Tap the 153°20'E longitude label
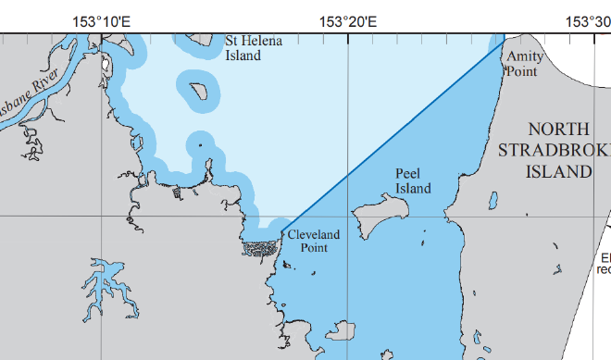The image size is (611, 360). (x=347, y=20)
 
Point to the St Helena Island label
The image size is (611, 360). (x=249, y=47)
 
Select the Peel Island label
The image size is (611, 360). (x=413, y=180)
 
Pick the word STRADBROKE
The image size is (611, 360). (x=552, y=151)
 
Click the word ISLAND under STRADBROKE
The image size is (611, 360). (x=558, y=171)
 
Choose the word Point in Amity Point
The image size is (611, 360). (x=520, y=69)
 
